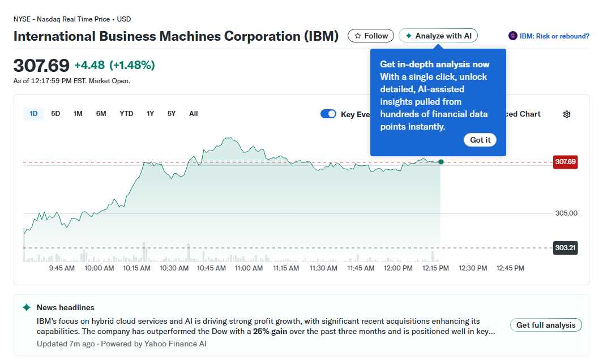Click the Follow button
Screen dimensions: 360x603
pos(371,36)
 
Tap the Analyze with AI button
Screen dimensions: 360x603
pos(438,36)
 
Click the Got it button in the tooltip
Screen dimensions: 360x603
pos(480,140)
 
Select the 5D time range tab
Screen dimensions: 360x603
pos(55,114)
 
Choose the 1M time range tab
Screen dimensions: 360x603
pos(78,114)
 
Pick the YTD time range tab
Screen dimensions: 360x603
pos(126,114)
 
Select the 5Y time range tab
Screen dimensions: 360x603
pos(172,114)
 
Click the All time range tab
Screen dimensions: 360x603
pos(194,114)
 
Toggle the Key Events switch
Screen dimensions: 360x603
pos(328,114)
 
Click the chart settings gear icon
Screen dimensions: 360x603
pos(567,114)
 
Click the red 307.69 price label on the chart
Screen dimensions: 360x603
pos(565,162)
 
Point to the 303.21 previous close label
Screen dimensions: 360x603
pos(565,248)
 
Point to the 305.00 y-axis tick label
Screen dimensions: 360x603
pos(566,213)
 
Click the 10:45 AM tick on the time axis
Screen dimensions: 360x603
pos(211,268)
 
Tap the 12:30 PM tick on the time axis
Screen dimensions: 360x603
pos(473,268)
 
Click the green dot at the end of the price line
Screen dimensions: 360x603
pos(441,162)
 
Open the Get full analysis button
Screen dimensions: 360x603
pos(546,325)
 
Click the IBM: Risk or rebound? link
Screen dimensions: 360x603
pos(554,36)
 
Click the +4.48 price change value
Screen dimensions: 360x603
pos(89,65)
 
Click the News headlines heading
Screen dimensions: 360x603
pos(66,307)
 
